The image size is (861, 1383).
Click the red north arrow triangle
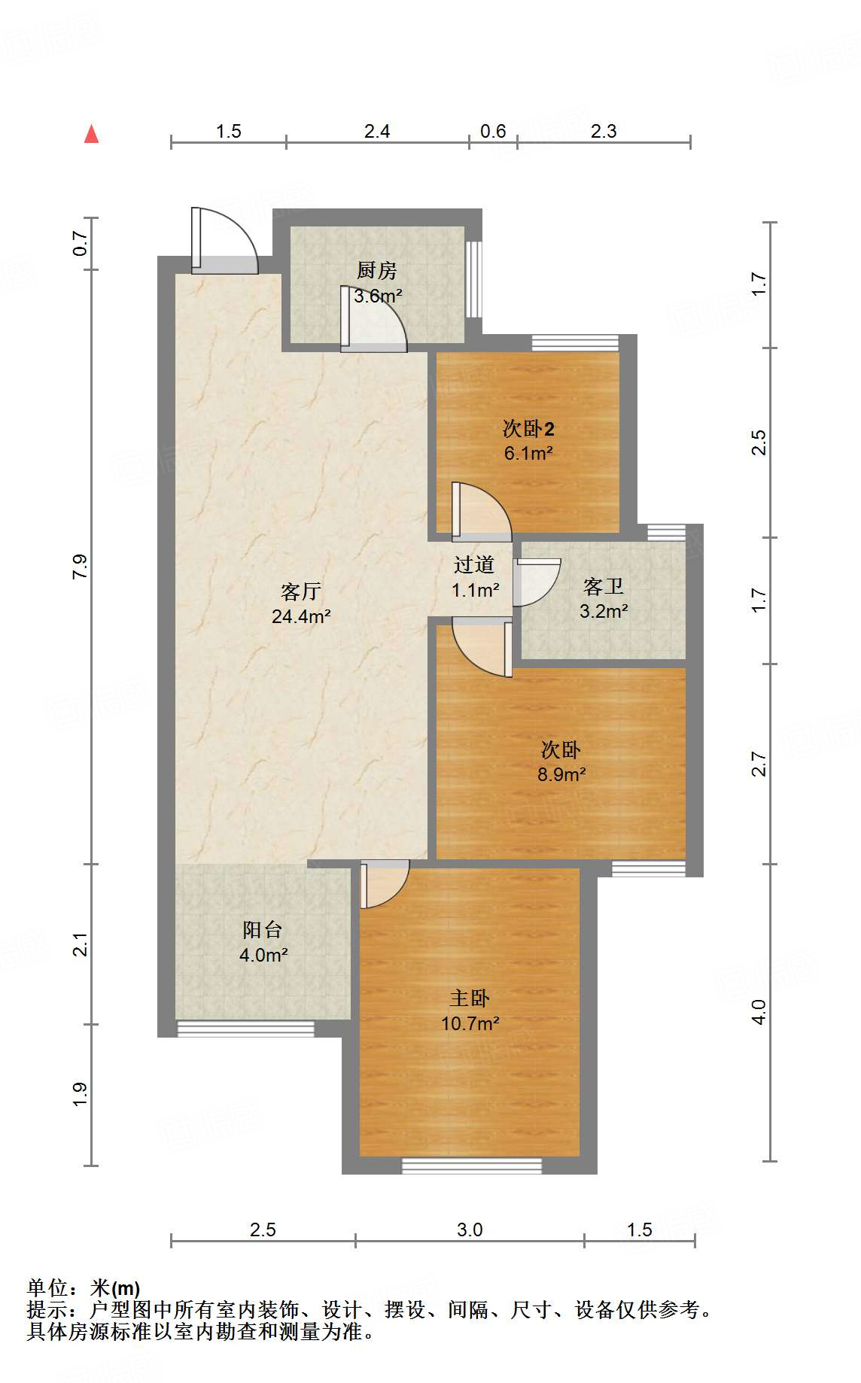pyautogui.click(x=92, y=134)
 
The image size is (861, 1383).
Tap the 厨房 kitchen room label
pyautogui.click(x=376, y=270)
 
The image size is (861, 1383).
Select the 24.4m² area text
pyautogui.click(x=301, y=617)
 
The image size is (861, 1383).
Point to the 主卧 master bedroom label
pyautogui.click(x=470, y=998)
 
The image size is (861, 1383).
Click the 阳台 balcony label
pyautogui.click(x=263, y=930)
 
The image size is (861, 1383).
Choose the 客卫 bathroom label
pyautogui.click(x=604, y=586)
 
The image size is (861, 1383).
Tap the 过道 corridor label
pyautogui.click(x=474, y=565)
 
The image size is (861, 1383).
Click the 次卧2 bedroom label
pyautogui.click(x=528, y=429)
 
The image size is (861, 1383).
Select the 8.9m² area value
pyautogui.click(x=561, y=774)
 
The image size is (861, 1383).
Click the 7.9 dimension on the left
pyautogui.click(x=80, y=566)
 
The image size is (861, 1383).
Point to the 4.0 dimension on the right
pyautogui.click(x=759, y=1011)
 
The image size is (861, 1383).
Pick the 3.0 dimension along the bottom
pyautogui.click(x=470, y=1230)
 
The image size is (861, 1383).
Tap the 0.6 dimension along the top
pyautogui.click(x=493, y=132)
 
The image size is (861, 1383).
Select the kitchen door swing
pyautogui.click(x=373, y=319)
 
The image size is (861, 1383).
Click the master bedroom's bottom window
pyautogui.click(x=472, y=1166)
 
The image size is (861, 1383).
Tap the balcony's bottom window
pyautogui.click(x=245, y=1029)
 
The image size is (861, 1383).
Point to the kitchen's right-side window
pyautogui.click(x=473, y=279)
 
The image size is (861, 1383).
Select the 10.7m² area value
pyautogui.click(x=470, y=1024)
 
